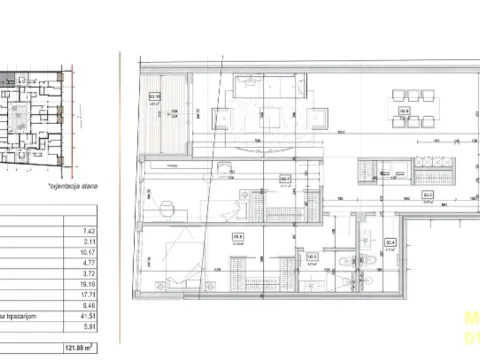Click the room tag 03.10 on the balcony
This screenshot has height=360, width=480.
coord(154,98)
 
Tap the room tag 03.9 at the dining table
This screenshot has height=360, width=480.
coord(405,111)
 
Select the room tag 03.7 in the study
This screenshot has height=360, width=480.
coord(285,181)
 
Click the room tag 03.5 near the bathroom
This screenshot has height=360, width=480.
coord(312,257)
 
